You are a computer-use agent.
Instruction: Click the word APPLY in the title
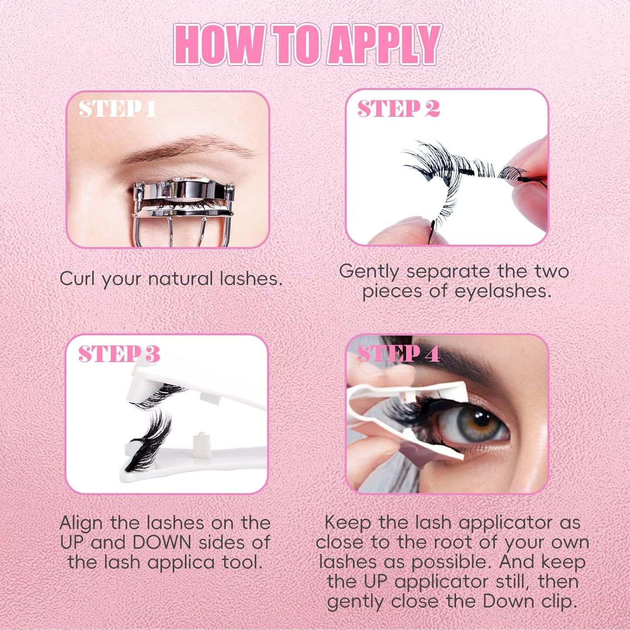pos(384,45)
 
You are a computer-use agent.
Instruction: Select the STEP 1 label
pos(117,109)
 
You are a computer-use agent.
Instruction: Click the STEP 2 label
pos(398,109)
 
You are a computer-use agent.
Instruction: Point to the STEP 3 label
pos(119,354)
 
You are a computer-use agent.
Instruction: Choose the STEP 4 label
pos(398,354)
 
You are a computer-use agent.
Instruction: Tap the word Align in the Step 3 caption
pos(82,522)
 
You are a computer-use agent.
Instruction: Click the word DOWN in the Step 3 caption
pos(162,542)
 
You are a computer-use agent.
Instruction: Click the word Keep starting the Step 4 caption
pos(347,522)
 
